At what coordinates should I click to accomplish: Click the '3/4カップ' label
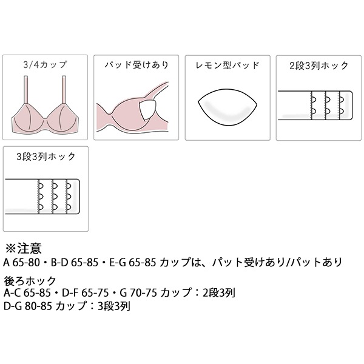(45, 65)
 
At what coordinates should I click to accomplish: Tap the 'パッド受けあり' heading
(136, 65)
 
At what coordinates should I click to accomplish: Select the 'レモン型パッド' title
(227, 66)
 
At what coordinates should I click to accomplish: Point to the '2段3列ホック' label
(319, 66)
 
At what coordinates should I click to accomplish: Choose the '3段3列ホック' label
(46, 157)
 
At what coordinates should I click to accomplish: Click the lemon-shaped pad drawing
(227, 107)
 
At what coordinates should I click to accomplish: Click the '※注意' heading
(24, 248)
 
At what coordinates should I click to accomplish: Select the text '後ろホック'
(30, 281)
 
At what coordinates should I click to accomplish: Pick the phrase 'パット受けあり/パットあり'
(277, 263)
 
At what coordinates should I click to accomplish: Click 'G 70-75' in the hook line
(138, 293)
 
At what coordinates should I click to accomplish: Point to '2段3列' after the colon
(219, 293)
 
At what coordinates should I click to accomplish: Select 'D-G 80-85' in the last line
(28, 306)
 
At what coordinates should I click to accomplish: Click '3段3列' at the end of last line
(114, 306)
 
